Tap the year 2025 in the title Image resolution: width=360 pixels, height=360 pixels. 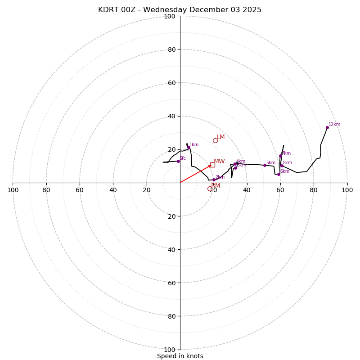tap(251, 10)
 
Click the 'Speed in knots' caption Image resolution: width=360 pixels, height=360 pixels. tap(180, 356)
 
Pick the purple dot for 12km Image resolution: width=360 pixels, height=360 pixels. tap(327, 127)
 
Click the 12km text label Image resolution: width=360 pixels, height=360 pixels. tap(334, 125)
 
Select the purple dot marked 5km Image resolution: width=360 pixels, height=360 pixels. tap(265, 165)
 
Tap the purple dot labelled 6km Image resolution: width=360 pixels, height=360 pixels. tap(279, 174)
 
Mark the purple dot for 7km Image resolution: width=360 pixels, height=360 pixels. tap(280, 156)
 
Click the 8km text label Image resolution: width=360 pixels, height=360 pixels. tap(287, 163)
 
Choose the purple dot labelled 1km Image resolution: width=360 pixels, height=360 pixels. tap(189, 147)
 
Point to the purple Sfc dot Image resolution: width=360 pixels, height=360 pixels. tap(178, 161)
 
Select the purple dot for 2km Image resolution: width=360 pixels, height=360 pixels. tap(214, 180)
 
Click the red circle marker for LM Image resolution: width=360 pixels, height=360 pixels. tap(215, 140)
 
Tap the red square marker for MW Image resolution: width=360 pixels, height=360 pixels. tap(212, 165)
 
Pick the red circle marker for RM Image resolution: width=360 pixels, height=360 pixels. tap(210, 189)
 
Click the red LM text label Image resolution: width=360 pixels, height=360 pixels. tap(220, 137)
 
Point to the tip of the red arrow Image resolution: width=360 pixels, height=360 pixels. tap(211, 165)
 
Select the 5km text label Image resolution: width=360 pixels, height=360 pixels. tap(270, 163)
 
